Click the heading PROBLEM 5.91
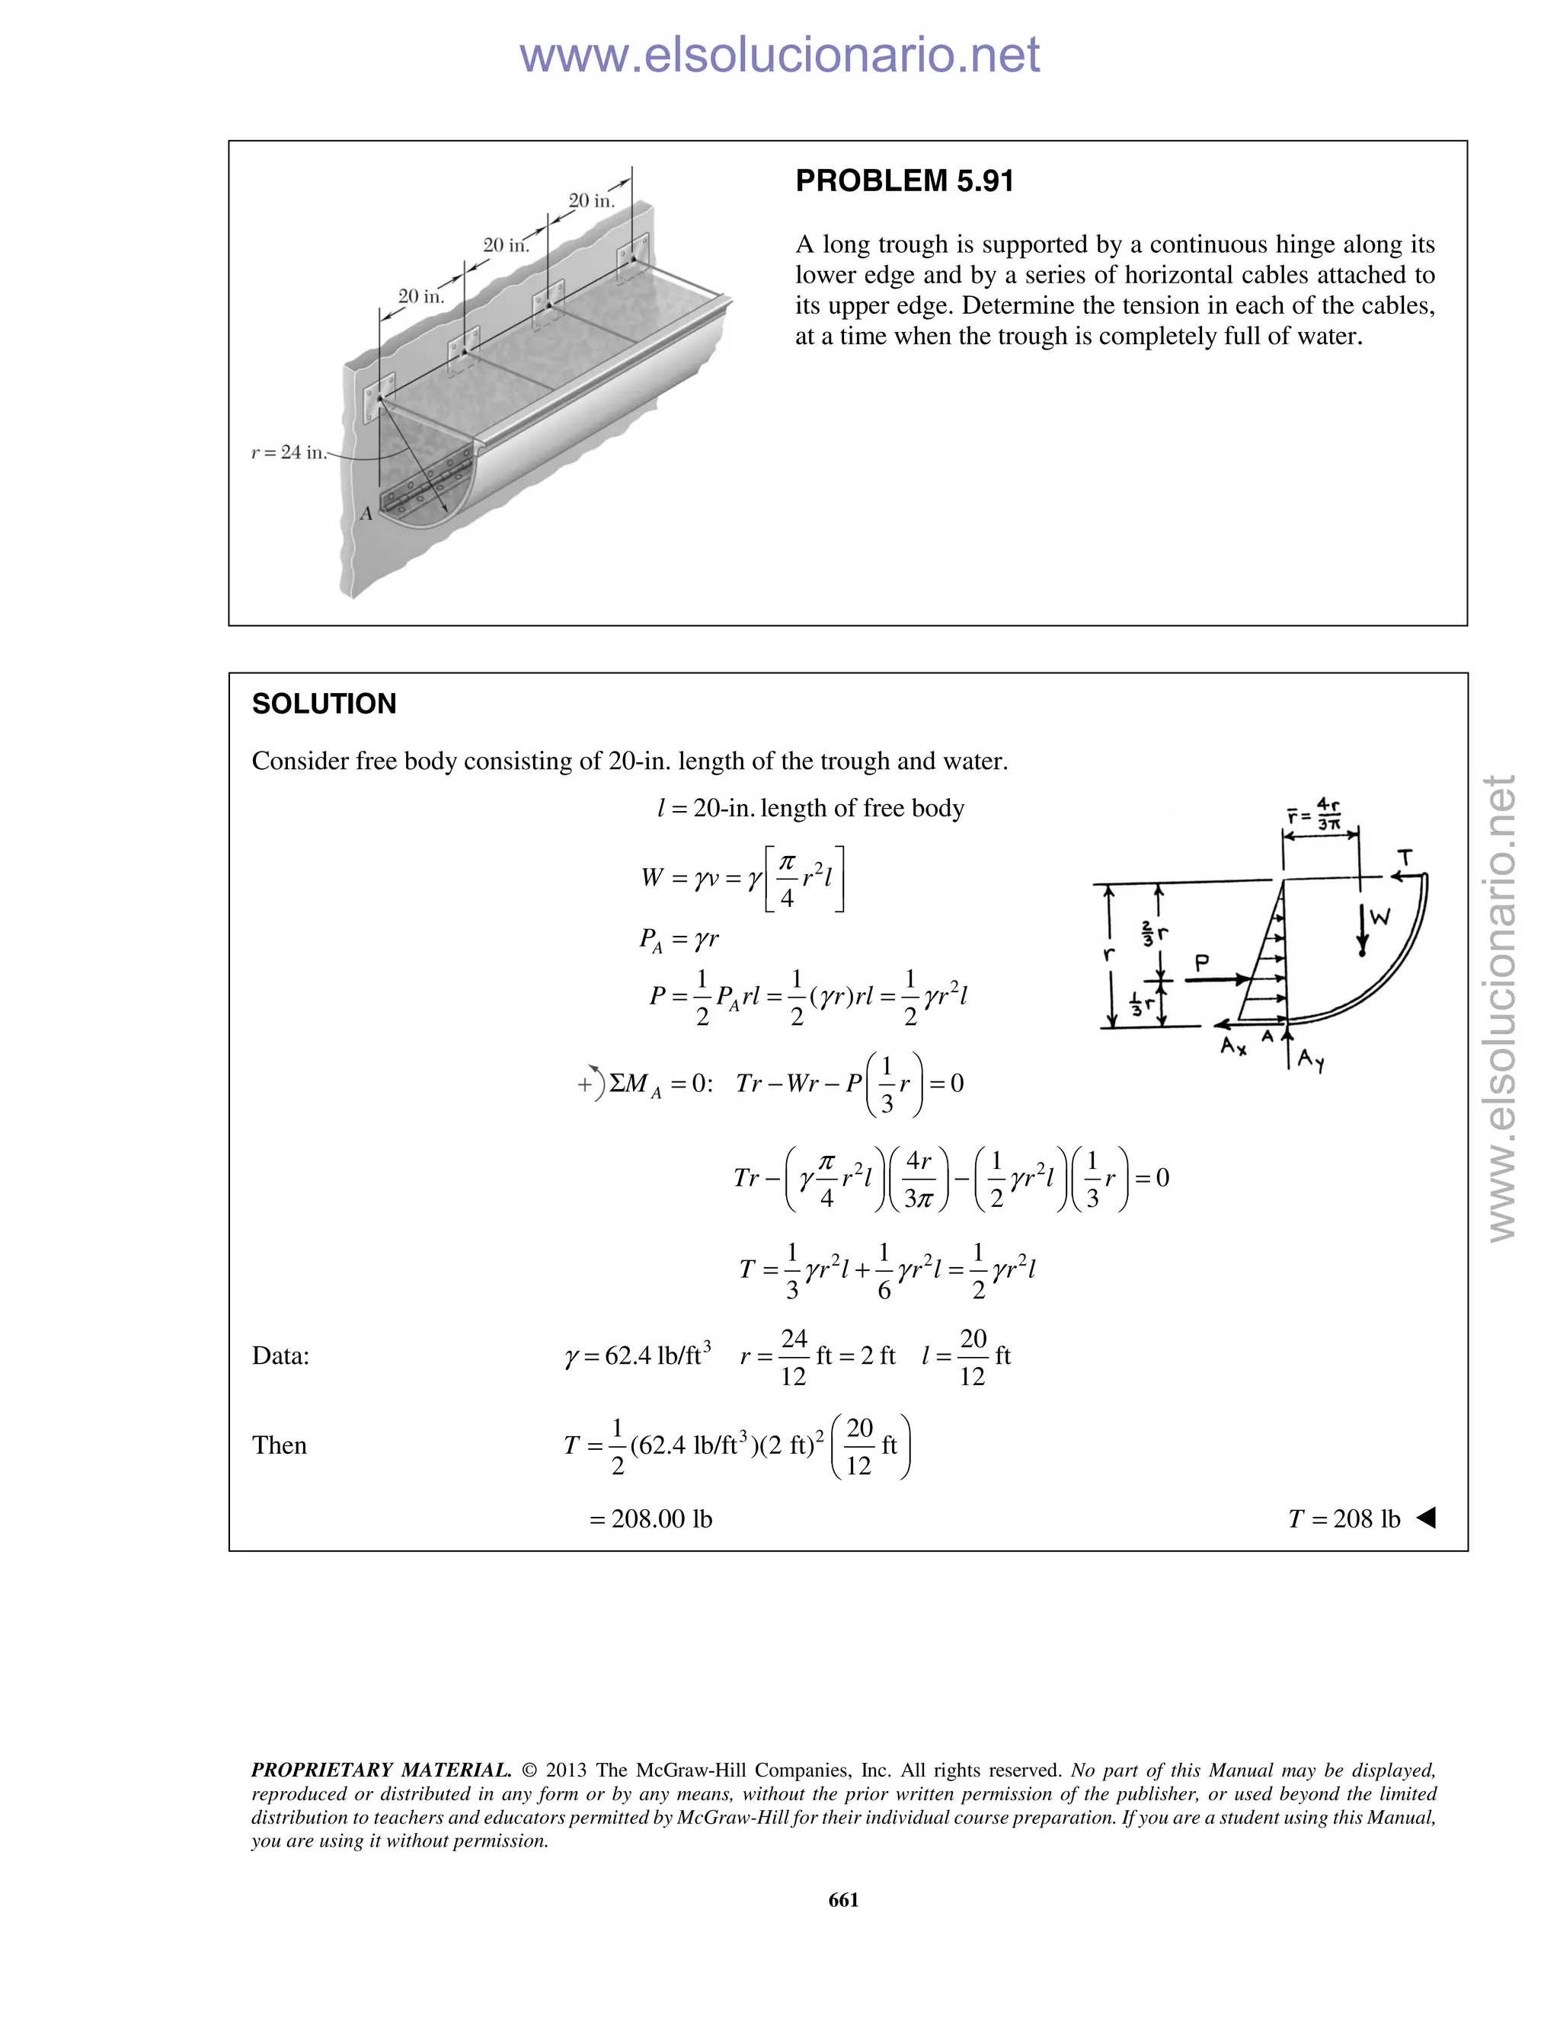pos(904,181)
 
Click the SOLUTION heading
pos(324,704)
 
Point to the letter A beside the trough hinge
pos(366,514)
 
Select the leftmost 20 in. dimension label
pos(420,296)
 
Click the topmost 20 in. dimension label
pos(590,200)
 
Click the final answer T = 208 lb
pos(1344,1519)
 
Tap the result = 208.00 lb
pos(651,1519)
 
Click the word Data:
pos(280,1355)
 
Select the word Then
pos(279,1445)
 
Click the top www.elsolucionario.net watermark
pos(779,55)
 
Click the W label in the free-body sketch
pos(1379,918)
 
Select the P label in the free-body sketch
pos(1201,963)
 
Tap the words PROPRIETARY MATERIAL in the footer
pos(381,1771)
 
